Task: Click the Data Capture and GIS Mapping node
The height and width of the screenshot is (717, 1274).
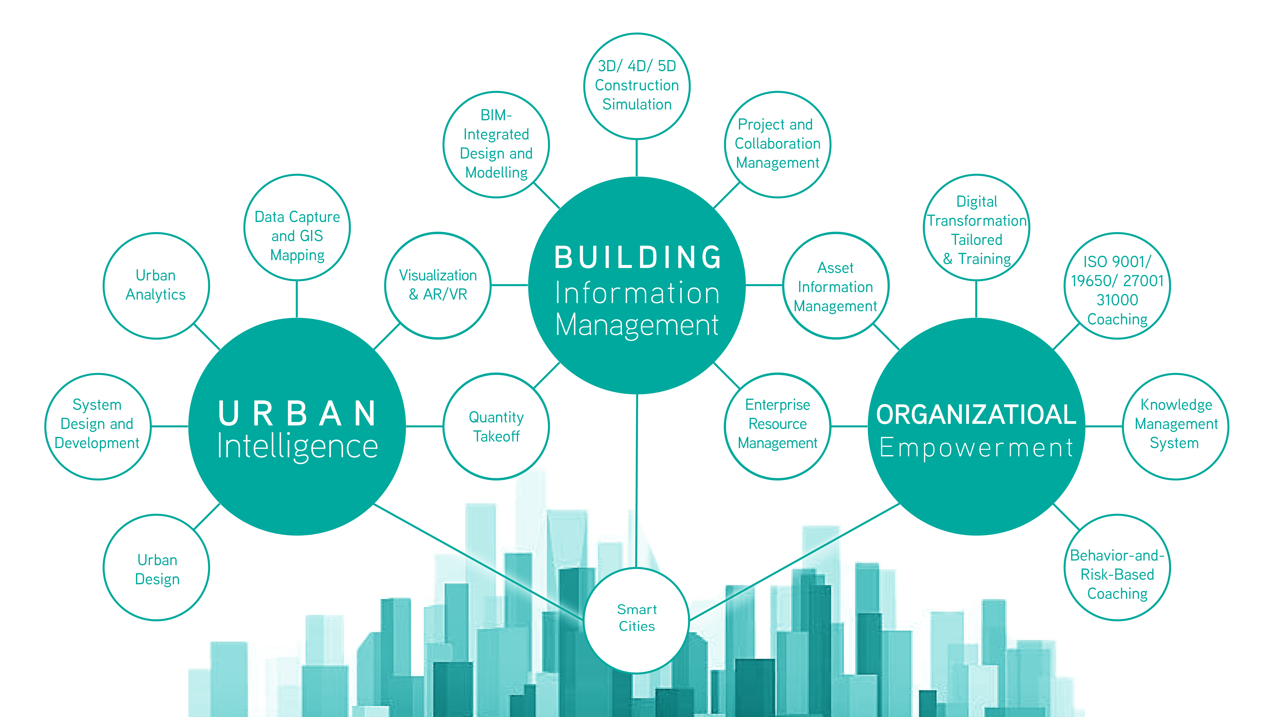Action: pos(297,228)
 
